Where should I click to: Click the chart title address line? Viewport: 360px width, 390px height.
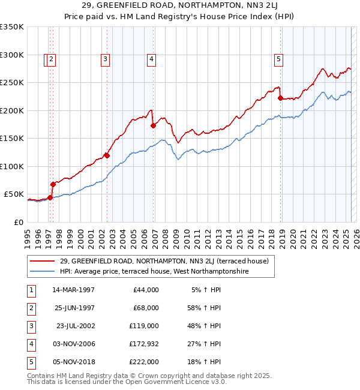click(x=179, y=6)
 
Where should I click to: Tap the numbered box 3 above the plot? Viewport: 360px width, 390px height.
click(x=105, y=59)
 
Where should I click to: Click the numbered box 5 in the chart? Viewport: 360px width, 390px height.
click(x=279, y=59)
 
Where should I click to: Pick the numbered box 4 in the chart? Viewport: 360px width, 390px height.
click(x=152, y=59)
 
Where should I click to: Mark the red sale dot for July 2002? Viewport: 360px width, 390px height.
click(x=107, y=155)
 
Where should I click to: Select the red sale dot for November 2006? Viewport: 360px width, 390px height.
click(x=152, y=126)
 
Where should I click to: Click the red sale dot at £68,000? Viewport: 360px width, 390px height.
click(x=53, y=184)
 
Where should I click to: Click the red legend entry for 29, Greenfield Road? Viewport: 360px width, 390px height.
click(x=151, y=261)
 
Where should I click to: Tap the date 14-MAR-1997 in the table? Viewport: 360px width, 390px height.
click(x=73, y=290)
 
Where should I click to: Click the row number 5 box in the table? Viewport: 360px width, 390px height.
click(x=30, y=362)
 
